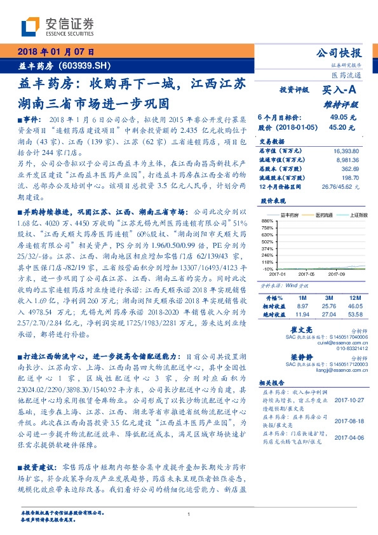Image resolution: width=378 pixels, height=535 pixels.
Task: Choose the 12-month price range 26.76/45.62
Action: pos(341,187)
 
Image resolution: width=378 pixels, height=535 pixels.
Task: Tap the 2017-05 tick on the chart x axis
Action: pos(306,274)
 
